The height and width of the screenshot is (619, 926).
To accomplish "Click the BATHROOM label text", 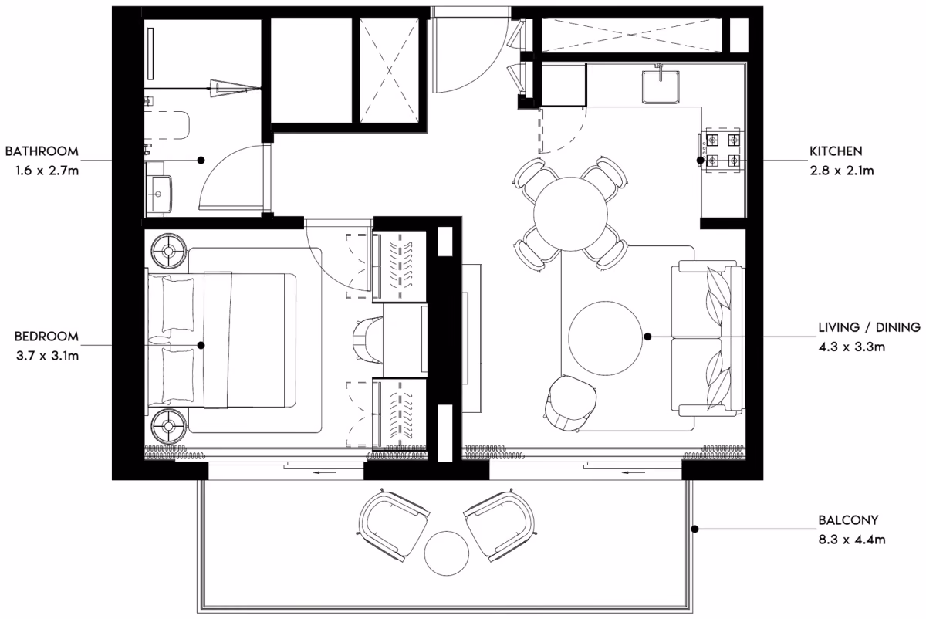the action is pos(42,151).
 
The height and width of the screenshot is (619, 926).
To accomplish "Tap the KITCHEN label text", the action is pos(836,151).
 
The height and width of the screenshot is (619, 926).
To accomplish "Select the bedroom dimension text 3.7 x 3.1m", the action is pos(47,356).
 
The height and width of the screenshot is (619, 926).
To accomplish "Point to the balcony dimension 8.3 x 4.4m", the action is pos(852,540).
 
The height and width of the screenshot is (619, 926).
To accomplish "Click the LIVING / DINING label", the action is pos(870,327).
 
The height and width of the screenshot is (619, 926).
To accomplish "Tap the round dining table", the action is pos(570,214).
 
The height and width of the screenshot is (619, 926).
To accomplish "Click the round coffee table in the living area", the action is pos(606,338).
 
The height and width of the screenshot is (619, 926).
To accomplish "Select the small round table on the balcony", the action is pos(447,553).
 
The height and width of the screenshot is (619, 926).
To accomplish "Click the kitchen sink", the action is pos(661,87).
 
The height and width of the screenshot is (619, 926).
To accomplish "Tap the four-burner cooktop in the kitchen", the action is pos(722,150).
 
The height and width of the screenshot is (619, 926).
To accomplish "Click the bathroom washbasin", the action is pos(160,194).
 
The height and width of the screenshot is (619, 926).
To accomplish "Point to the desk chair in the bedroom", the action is pos(367,340).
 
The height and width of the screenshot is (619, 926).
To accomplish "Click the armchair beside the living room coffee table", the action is pos(571,404).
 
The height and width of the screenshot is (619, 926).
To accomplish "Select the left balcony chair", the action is pos(393,524).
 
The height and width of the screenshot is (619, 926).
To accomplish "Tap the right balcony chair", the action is pos(500,524).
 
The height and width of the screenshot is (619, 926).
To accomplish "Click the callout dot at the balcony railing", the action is pos(695,529).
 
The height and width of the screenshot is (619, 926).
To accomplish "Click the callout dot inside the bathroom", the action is pos(201,160).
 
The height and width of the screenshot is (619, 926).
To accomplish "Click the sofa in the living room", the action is pos(708,338).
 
